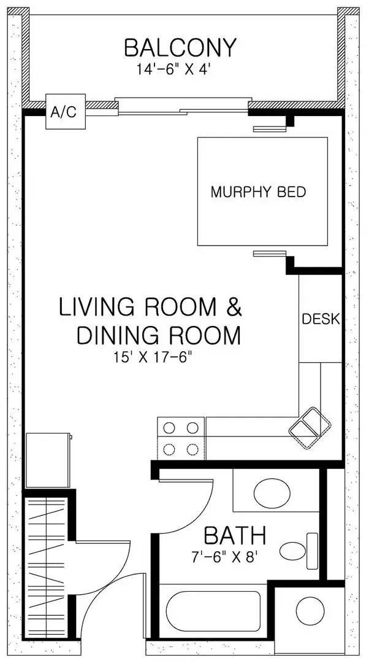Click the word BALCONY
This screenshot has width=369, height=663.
pyautogui.click(x=180, y=47)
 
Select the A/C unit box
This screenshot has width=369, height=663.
pyautogui.click(x=64, y=113)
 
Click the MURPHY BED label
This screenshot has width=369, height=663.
pyautogui.click(x=258, y=192)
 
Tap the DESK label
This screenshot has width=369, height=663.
pyautogui.click(x=321, y=319)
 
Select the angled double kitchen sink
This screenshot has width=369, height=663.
pyautogui.click(x=310, y=424)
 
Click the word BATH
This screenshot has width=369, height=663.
pyautogui.click(x=235, y=536)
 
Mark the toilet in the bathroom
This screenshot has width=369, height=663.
pyautogui.click(x=297, y=548)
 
